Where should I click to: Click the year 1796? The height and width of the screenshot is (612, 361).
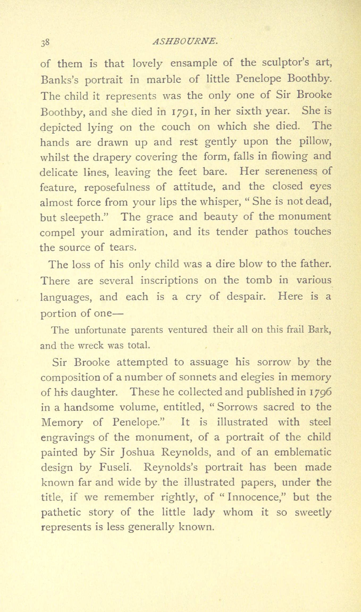(x=320, y=392)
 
